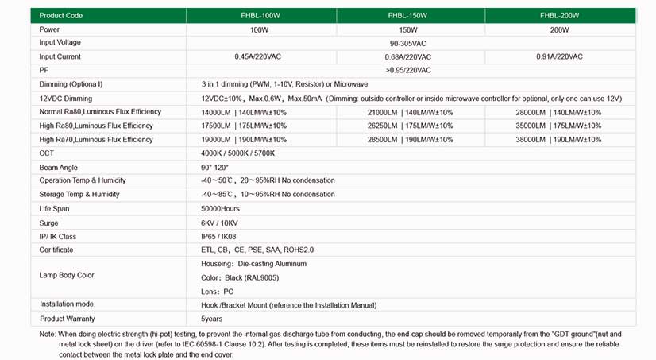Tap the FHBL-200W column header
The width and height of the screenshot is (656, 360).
[559, 15]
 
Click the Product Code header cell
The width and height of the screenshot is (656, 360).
[61, 15]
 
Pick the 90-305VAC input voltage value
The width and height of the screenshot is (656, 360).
[409, 43]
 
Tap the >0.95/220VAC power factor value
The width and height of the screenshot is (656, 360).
[408, 70]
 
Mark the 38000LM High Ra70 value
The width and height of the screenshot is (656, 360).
[559, 139]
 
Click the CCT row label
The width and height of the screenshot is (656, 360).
[47, 153]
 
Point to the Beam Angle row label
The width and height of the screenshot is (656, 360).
[58, 167]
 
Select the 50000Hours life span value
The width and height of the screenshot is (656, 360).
[220, 208]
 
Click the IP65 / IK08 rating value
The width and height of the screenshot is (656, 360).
[218, 236]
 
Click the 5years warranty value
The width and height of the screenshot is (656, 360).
[212, 319]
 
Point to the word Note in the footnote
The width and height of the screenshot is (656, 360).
[48, 334]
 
